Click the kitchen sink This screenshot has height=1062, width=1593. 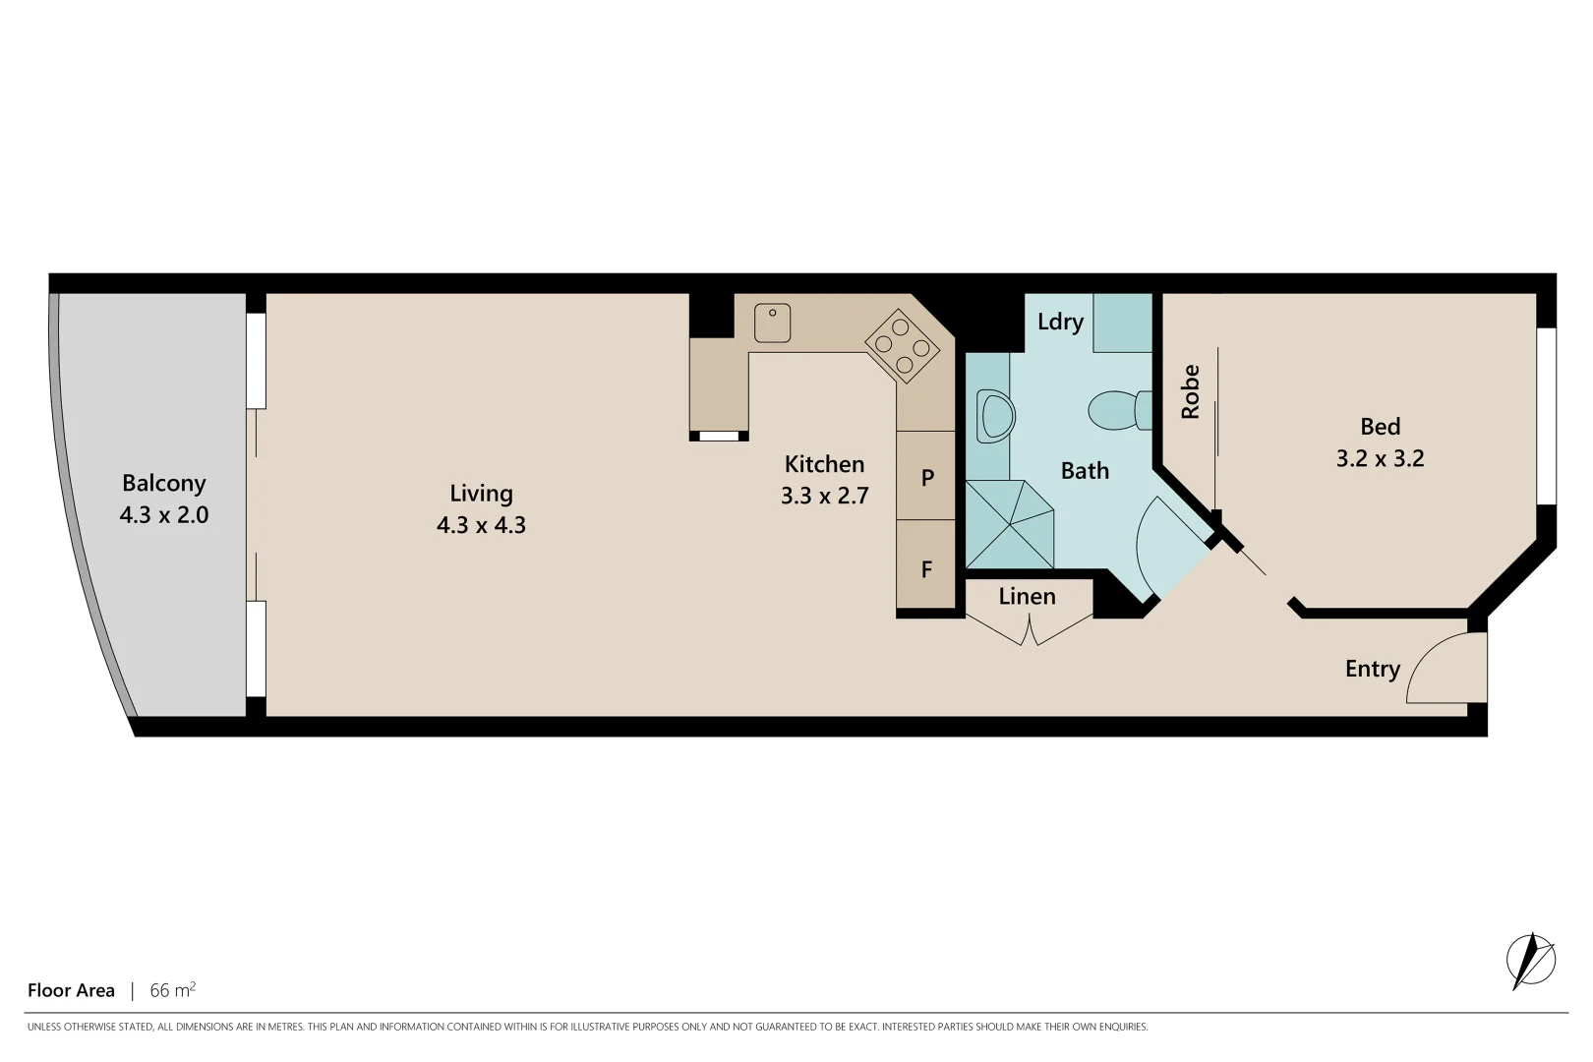772,323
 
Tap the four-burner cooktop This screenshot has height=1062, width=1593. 901,346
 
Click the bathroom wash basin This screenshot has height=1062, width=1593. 995,417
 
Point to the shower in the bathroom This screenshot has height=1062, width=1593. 1010,524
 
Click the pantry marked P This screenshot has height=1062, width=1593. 926,478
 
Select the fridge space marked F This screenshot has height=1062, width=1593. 926,569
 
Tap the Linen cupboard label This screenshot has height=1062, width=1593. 1027,596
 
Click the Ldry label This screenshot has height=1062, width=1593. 1059,322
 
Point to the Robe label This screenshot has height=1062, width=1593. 1191,392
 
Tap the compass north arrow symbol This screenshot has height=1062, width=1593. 1530,960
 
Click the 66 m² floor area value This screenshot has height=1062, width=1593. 172,990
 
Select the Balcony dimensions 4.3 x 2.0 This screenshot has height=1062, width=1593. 164,515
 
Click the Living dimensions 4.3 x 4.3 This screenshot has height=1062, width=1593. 481,525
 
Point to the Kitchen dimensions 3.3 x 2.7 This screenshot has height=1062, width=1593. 824,496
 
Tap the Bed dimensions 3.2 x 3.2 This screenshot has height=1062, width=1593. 1380,458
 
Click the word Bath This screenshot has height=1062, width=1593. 1085,471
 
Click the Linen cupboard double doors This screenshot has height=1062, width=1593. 1029,629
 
